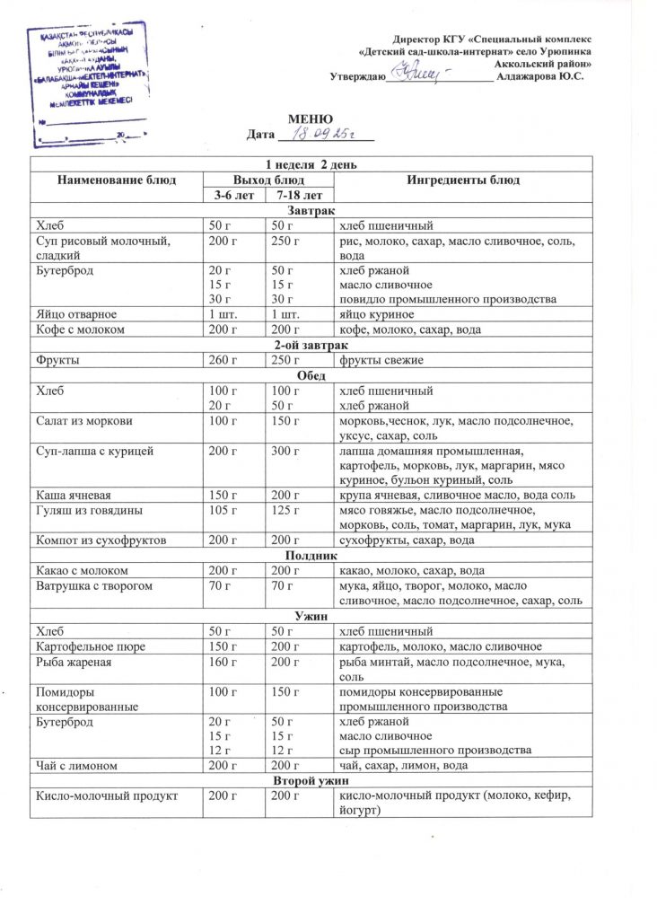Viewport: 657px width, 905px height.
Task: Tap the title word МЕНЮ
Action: (x=311, y=120)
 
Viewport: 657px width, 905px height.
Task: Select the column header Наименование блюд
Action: (x=112, y=180)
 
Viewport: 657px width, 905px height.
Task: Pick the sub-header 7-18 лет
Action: (x=295, y=194)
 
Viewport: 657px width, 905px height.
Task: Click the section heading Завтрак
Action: (x=311, y=209)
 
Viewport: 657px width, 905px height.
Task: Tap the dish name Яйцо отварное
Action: (x=71, y=314)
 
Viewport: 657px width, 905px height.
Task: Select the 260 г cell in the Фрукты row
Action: (x=221, y=360)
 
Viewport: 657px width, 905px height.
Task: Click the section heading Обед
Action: (x=311, y=375)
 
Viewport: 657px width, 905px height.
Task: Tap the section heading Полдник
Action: (x=311, y=555)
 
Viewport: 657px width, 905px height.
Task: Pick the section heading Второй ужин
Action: (x=311, y=780)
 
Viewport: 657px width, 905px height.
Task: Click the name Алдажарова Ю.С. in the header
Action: (x=543, y=77)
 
